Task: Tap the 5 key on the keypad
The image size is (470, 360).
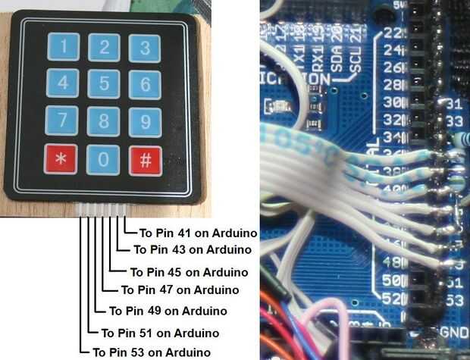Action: (102, 83)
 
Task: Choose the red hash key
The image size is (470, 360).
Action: (144, 160)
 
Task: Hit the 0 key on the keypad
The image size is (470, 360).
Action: (102, 160)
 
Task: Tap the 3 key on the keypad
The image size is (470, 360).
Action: (144, 49)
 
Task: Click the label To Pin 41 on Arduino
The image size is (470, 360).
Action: (199, 233)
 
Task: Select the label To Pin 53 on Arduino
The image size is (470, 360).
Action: (151, 352)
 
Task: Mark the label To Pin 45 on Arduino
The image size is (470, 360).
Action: (189, 271)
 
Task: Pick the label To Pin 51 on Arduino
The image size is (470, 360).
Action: (160, 333)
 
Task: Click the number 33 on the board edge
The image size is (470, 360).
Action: (455, 121)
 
